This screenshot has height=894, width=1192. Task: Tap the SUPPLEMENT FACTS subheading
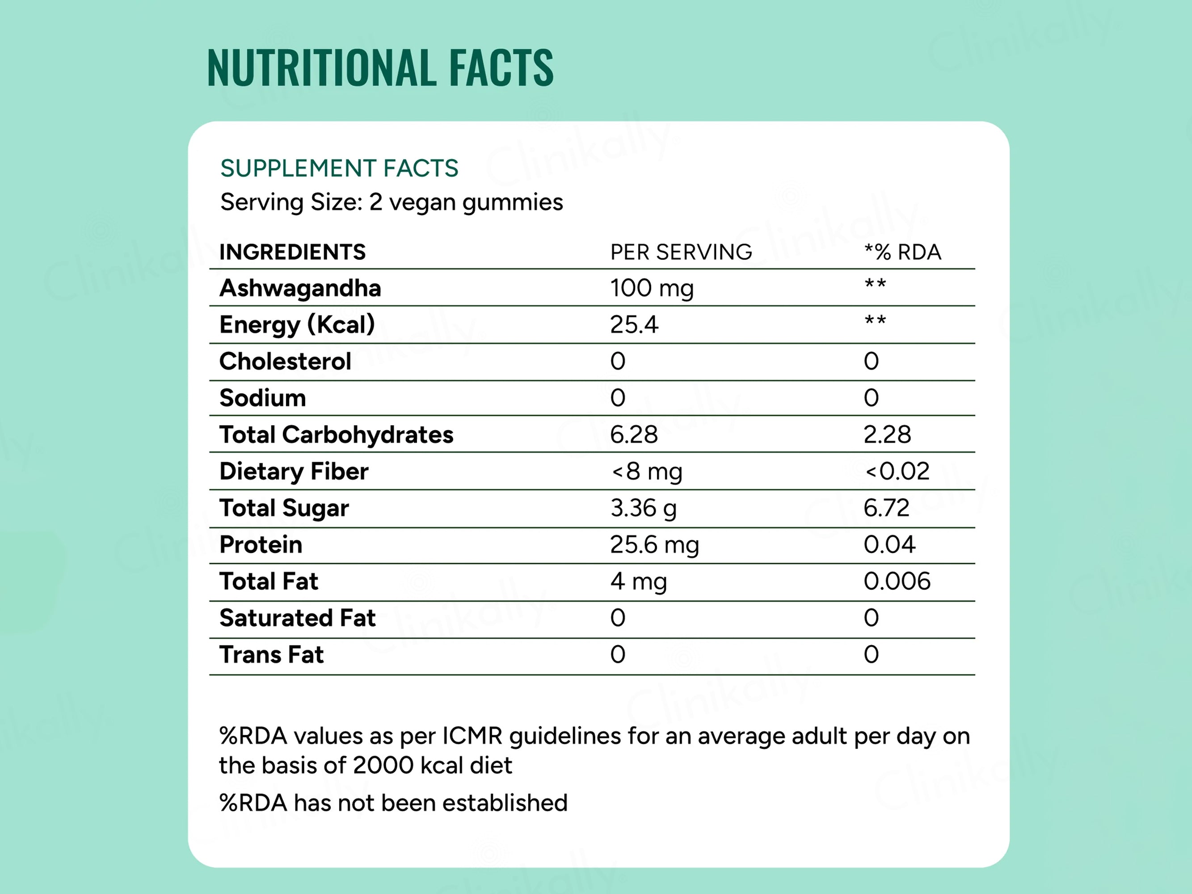pyautogui.click(x=339, y=168)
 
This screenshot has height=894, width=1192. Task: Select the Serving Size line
pyautogui.click(x=391, y=202)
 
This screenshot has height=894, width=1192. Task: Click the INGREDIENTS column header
pyautogui.click(x=292, y=252)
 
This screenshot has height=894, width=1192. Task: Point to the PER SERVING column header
pyautogui.click(x=681, y=252)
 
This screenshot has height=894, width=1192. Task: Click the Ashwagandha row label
pyautogui.click(x=300, y=288)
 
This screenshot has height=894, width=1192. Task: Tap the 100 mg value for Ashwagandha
pyautogui.click(x=652, y=288)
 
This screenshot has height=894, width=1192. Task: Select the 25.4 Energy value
pyautogui.click(x=634, y=325)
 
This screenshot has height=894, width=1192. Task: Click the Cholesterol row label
pyautogui.click(x=285, y=362)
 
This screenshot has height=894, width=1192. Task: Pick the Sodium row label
pyautogui.click(x=262, y=398)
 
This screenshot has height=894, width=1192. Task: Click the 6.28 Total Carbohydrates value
pyautogui.click(x=634, y=435)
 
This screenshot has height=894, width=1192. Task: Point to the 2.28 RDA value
pyautogui.click(x=887, y=435)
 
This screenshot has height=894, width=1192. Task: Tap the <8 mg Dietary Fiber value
pyautogui.click(x=647, y=472)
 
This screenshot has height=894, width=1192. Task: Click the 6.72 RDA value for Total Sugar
pyautogui.click(x=886, y=508)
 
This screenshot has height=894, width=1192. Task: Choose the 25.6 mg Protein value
pyautogui.click(x=654, y=545)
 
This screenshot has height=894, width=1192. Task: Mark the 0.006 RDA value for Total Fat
pyautogui.click(x=897, y=582)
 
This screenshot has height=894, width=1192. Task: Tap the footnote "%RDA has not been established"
pyautogui.click(x=393, y=803)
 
